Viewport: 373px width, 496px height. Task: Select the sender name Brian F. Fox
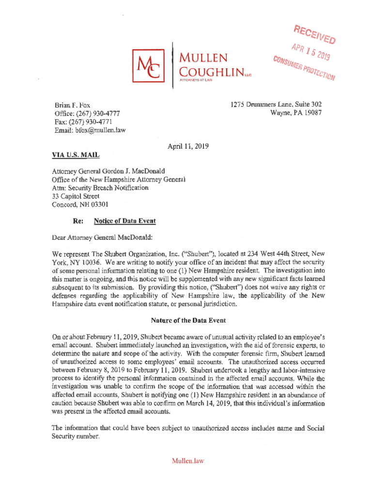coord(72,105)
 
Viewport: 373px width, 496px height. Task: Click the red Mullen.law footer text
coord(187,461)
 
